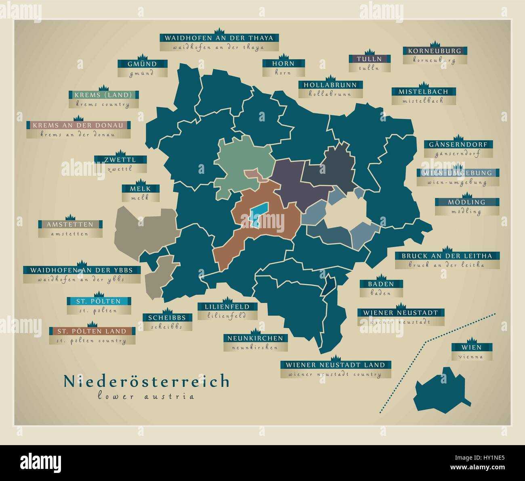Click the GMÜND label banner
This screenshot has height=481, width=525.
tap(143, 64)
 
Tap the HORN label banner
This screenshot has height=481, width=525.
tap(283, 63)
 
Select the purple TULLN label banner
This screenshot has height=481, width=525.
tap(370, 59)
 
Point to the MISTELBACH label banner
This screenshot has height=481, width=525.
tap(423, 92)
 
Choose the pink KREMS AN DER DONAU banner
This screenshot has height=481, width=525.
tap(78, 125)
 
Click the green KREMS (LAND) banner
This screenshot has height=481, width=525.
tap(103, 95)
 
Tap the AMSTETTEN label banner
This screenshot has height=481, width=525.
tap(70, 224)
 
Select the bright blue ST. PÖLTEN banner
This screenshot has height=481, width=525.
tap(99, 301)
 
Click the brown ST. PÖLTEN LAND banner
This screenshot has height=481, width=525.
tap(92, 331)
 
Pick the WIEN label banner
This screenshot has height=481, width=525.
tap(472, 347)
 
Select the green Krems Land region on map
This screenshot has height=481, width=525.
tap(238, 161)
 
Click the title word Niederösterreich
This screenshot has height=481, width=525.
tap(146, 381)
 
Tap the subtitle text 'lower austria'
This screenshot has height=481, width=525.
tap(146, 396)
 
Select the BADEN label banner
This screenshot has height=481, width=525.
tap(381, 284)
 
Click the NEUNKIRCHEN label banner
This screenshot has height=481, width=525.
tap(255, 338)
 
